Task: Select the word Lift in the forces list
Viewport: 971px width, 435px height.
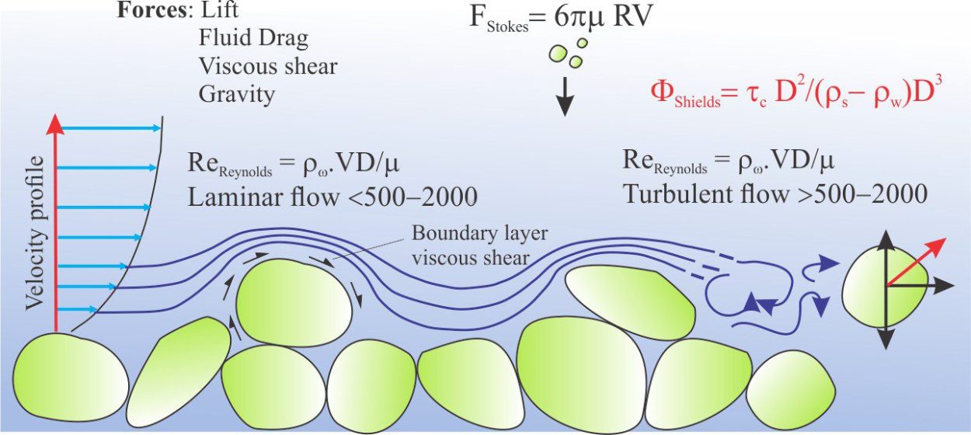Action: pyautogui.click(x=219, y=9)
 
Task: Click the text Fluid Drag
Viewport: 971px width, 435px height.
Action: pyautogui.click(x=253, y=38)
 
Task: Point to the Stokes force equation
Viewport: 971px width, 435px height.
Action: pyautogui.click(x=561, y=18)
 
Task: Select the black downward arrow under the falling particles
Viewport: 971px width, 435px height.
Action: pyautogui.click(x=565, y=96)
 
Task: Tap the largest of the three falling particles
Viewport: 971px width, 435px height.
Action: pyautogui.click(x=558, y=54)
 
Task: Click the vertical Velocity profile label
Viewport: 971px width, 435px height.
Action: pyautogui.click(x=35, y=233)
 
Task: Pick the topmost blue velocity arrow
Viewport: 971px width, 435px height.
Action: pyautogui.click(x=110, y=128)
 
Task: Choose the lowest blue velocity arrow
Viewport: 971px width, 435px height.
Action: pyautogui.click(x=77, y=309)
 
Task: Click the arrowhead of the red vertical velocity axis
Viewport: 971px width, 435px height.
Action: pyautogui.click(x=54, y=124)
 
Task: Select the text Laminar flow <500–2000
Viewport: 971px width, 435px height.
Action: pyautogui.click(x=332, y=197)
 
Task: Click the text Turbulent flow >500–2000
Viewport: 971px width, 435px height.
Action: pyautogui.click(x=775, y=194)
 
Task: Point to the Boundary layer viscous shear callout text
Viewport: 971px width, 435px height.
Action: pyautogui.click(x=479, y=245)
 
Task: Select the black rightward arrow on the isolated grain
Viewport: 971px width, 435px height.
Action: pyautogui.click(x=920, y=286)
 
